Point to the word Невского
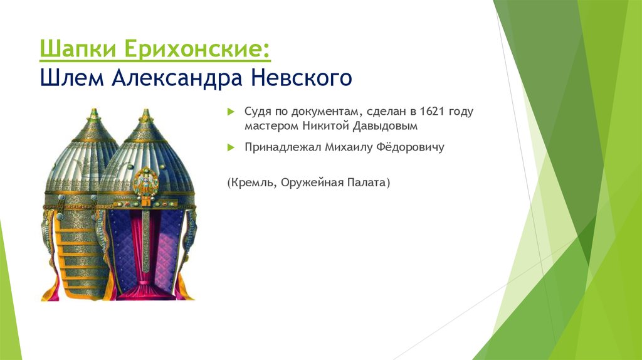pos(302,79)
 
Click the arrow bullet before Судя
pos(230,111)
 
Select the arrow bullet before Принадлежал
pos(230,148)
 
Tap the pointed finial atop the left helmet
pos(94,114)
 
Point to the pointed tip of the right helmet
pos(146,114)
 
